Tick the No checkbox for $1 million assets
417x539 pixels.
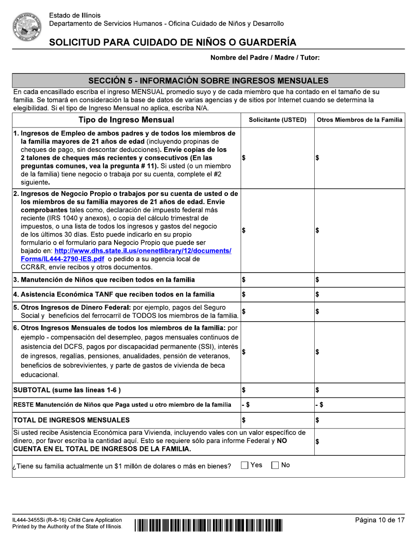tap(276, 465)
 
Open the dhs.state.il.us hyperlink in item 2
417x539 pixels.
tap(143, 251)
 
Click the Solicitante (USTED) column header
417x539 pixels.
tap(277, 120)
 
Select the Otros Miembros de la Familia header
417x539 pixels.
tap(359, 120)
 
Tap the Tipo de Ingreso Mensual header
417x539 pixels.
tap(126, 120)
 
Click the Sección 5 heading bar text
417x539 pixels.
tap(208, 80)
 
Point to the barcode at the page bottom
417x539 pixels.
tap(208, 525)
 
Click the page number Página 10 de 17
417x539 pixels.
tap(380, 520)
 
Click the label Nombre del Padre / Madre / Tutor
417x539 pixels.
tap(265, 58)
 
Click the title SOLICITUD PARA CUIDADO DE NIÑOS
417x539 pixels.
tap(173, 42)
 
